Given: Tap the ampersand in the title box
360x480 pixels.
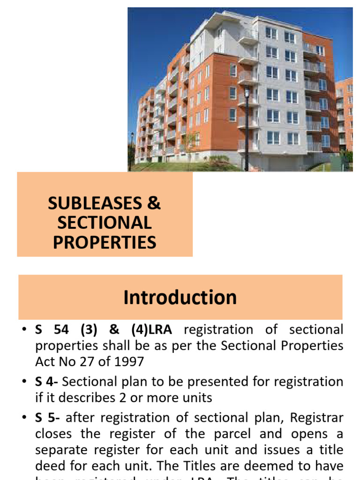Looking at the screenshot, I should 155,203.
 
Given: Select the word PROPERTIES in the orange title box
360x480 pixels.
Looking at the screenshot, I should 105,242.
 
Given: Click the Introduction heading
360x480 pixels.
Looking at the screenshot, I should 180,298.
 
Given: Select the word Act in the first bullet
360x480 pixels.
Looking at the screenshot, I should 44,361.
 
